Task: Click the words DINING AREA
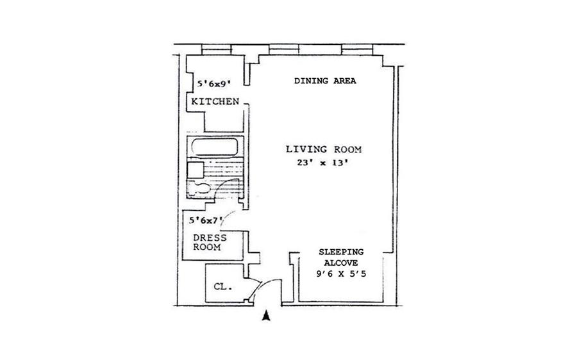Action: pyautogui.click(x=324, y=81)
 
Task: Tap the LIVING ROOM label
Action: pyautogui.click(x=324, y=149)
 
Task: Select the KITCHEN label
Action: pyautogui.click(x=214, y=102)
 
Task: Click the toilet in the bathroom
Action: pyautogui.click(x=200, y=186)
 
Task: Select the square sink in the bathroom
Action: pyautogui.click(x=194, y=168)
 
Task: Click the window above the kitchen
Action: pyautogui.click(x=214, y=49)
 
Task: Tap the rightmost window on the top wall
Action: pyautogui.click(x=356, y=49)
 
